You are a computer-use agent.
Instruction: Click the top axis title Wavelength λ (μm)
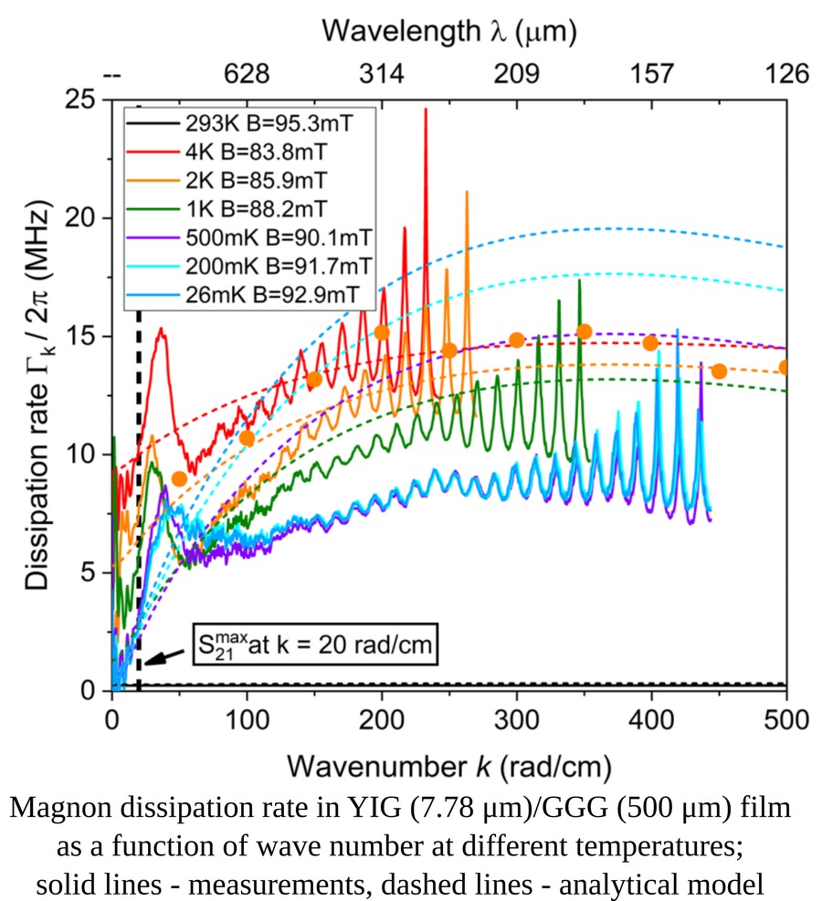(448, 33)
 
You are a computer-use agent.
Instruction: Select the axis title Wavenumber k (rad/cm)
(448, 763)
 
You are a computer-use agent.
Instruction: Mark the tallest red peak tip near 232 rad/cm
(425, 110)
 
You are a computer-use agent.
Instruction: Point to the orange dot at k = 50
(179, 478)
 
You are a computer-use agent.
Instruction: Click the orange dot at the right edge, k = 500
(785, 367)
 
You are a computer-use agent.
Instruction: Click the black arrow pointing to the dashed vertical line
(163, 658)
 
